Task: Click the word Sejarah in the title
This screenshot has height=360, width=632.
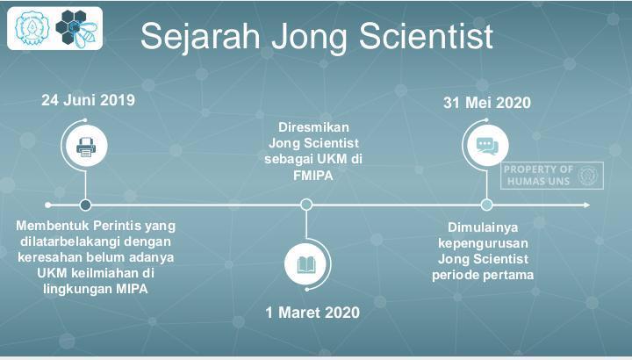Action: [x=200, y=37]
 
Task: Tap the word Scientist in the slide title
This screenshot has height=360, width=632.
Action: [x=426, y=36]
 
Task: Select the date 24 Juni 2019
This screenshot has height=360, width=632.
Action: [x=89, y=100]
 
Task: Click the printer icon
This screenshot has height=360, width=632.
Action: [x=86, y=147]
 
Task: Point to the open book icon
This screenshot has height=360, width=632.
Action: [x=306, y=265]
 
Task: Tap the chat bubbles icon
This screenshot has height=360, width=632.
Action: [x=487, y=146]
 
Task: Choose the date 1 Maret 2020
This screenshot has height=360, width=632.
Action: [x=312, y=313]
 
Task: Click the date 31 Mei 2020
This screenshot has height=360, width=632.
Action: [x=487, y=103]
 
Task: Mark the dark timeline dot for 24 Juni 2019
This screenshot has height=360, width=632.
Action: [x=85, y=205]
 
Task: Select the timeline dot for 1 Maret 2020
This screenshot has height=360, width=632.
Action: [x=306, y=205]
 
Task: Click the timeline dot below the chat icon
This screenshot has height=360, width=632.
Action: [x=487, y=205]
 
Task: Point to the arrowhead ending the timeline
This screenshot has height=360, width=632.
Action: [x=586, y=205]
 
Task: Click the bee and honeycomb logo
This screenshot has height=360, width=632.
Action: [x=77, y=27]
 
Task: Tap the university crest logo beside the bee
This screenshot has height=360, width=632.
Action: [x=32, y=28]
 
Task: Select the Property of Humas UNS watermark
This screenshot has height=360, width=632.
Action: [x=552, y=176]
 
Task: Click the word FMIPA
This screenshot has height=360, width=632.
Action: [x=313, y=176]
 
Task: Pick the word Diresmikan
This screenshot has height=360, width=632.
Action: [x=313, y=127]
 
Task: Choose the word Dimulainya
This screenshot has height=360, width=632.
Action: [x=483, y=227]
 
